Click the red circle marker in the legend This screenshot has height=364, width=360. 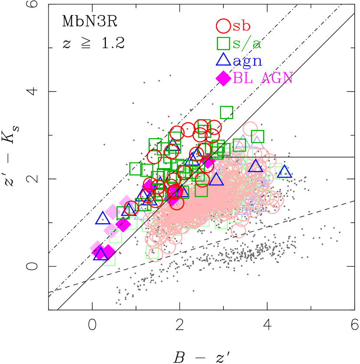point(223,26)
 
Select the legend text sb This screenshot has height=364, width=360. point(242,26)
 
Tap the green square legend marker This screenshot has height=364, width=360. point(223,43)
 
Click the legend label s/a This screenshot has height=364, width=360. point(247,43)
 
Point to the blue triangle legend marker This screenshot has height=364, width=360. point(223,60)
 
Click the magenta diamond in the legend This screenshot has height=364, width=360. point(223,78)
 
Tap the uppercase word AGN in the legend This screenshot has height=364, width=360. point(277,78)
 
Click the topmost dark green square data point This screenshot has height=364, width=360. point(226,112)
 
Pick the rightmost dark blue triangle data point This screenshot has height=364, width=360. point(284,172)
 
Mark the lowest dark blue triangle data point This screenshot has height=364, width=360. point(100,254)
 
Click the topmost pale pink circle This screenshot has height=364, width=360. point(250,129)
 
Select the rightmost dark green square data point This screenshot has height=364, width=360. point(257,136)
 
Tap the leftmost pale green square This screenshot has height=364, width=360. point(109,259)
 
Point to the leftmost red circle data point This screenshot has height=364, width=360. point(131,208)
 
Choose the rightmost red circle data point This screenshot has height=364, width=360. point(214,127)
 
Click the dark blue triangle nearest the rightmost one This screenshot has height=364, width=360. point(255,166)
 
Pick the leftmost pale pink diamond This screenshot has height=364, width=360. point(95,247)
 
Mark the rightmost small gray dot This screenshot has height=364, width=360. point(339,232)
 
